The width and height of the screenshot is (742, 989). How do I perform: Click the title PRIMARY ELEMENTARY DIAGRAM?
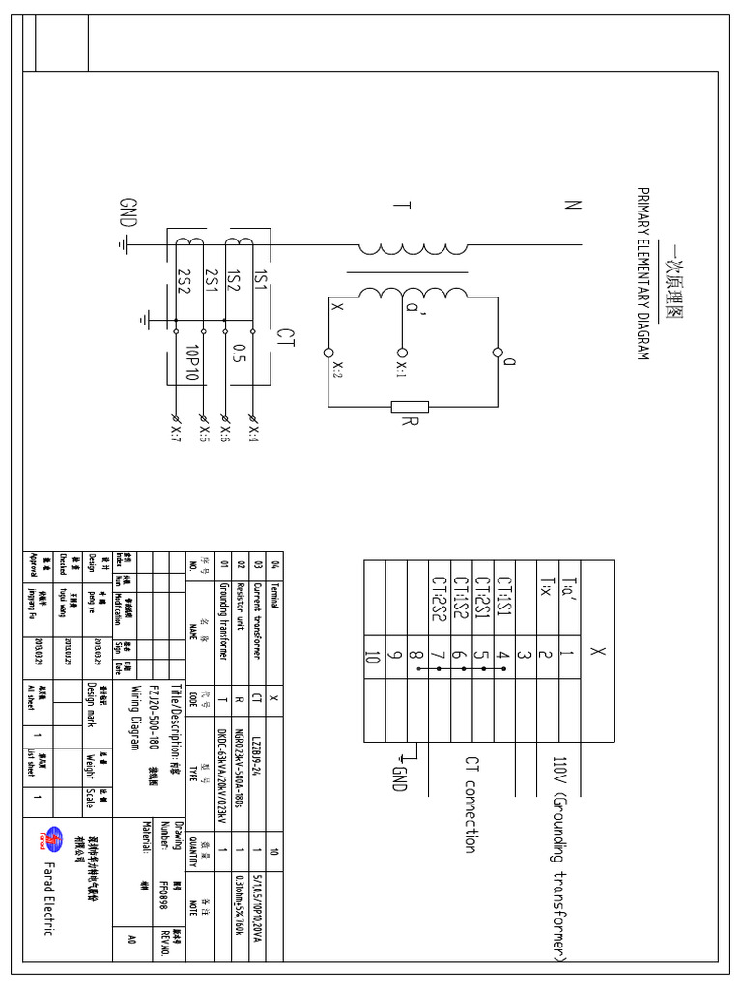tap(642, 275)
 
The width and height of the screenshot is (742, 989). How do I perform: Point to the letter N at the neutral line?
tap(573, 205)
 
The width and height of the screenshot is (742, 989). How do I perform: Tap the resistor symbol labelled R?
tap(409, 407)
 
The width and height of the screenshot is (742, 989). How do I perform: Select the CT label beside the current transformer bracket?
tap(285, 335)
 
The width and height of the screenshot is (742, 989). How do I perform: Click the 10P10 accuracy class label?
tap(191, 362)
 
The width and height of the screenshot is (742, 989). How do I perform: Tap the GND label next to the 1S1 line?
tap(128, 215)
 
